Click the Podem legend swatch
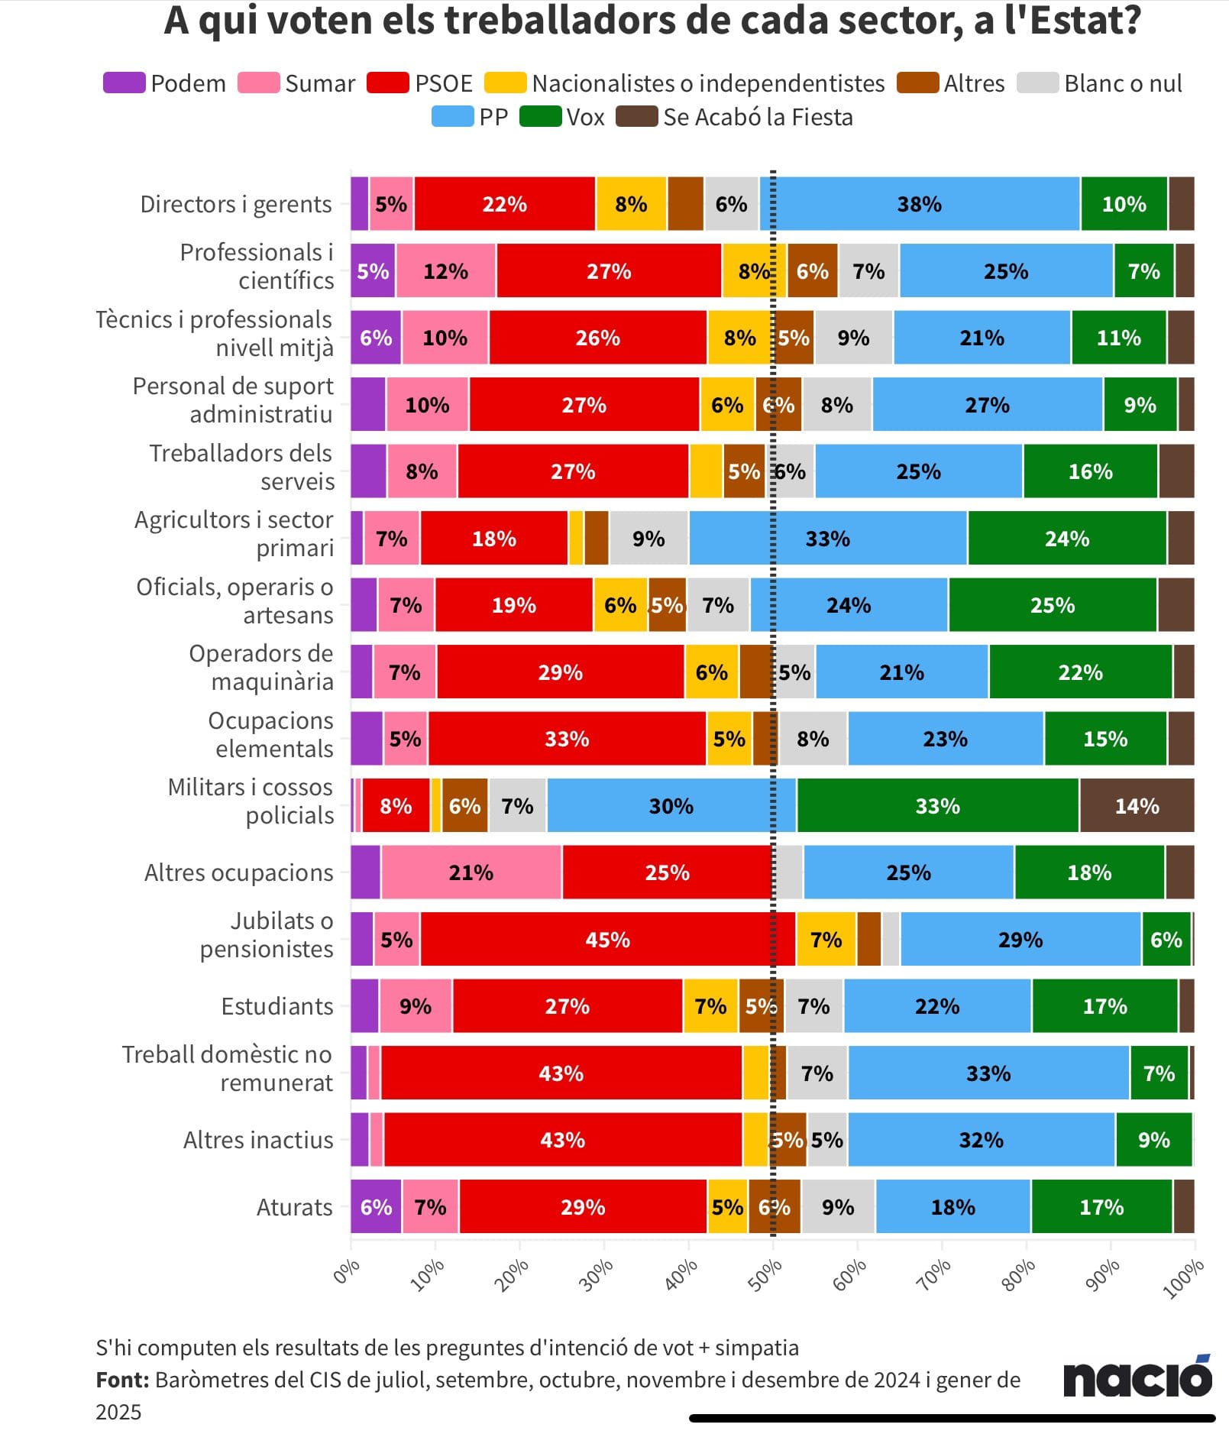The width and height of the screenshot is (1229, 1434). [124, 83]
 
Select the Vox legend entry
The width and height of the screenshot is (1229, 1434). [563, 117]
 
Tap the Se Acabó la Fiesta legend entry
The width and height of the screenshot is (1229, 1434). [735, 117]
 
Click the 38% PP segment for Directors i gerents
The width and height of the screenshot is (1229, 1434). [919, 204]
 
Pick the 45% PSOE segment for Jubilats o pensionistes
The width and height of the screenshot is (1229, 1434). [607, 939]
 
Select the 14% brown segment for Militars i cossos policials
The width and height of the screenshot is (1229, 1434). [1137, 805]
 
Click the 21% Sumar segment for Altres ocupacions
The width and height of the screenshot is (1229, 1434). [471, 872]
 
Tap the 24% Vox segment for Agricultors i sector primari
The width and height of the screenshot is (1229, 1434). [1066, 539]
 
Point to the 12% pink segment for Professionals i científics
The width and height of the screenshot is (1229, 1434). [445, 271]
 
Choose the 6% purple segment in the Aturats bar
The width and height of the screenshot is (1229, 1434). [376, 1206]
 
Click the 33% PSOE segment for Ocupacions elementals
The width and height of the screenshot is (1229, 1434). [566, 739]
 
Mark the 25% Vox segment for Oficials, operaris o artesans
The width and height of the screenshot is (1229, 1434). [1052, 605]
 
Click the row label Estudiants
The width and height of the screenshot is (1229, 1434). [277, 1006]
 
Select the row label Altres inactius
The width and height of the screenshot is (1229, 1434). [258, 1140]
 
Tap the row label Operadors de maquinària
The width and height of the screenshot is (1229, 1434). [260, 667]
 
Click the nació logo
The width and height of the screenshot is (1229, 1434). [1137, 1377]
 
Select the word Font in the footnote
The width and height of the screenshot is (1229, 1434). [121, 1380]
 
